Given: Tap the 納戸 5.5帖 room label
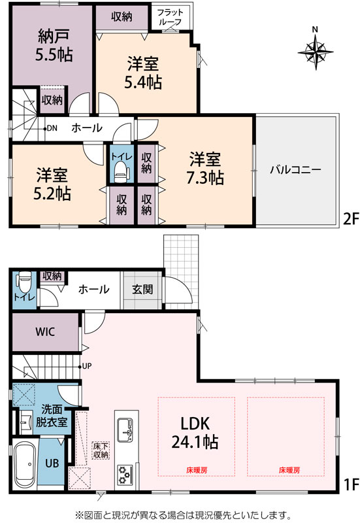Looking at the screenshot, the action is tap(54, 45).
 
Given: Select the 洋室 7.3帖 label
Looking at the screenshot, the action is tap(205, 169).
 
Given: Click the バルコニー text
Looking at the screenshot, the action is tap(296, 170).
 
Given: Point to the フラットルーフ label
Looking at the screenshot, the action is tap(170, 17).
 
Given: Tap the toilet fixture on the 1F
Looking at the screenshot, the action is tap(25, 282).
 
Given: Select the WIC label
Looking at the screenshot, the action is tap(45, 332).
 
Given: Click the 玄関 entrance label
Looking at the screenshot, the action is tap(142, 289).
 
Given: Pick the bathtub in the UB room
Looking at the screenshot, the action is tap(25, 464).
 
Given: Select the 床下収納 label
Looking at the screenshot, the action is tap(101, 450).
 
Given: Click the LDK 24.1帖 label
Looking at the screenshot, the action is tap(195, 433).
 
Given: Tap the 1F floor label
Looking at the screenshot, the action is tap(351, 484).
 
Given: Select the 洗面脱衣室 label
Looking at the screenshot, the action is tap(52, 416).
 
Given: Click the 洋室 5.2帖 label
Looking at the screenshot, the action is tap(52, 184).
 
